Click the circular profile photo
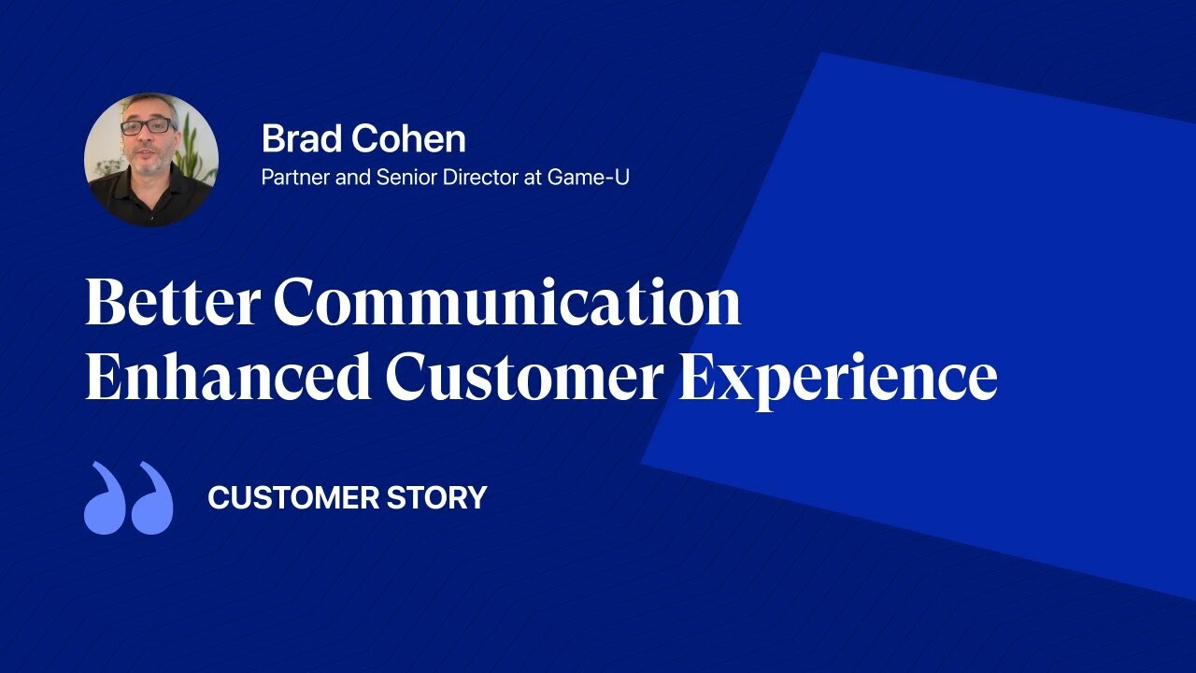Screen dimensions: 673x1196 point(151,160)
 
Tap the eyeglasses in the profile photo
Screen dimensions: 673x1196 point(147,126)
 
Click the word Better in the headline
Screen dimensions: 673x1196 point(171,302)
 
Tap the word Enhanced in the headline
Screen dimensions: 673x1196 point(227,378)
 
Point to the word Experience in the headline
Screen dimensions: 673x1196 point(837,378)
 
